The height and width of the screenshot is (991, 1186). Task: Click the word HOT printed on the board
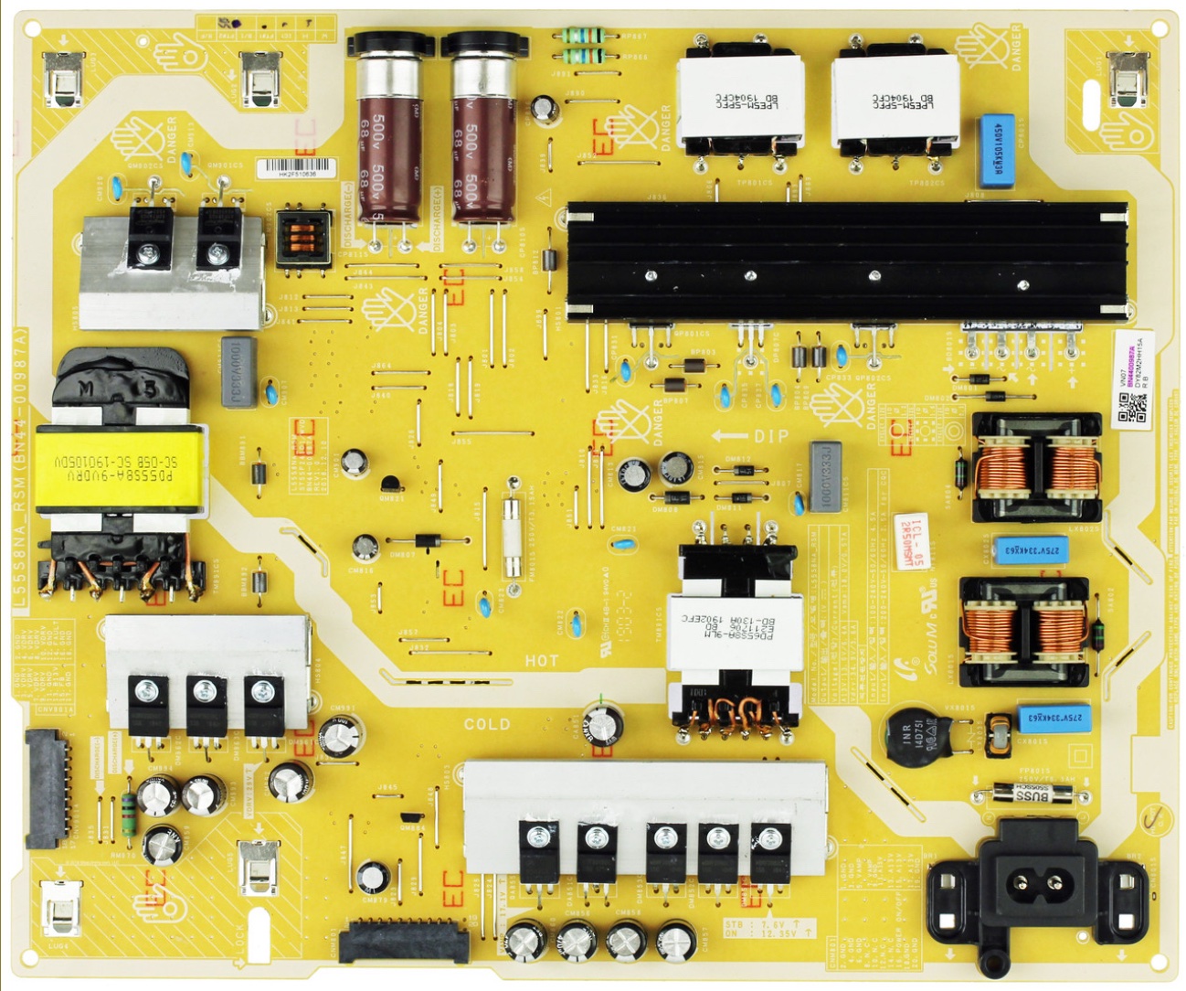pyautogui.click(x=541, y=660)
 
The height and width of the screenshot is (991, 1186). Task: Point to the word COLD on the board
pyautogui.click(x=486, y=724)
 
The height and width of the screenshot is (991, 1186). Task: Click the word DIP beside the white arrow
pyautogui.click(x=771, y=437)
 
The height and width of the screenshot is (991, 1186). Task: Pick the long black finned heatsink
pyautogui.click(x=845, y=259)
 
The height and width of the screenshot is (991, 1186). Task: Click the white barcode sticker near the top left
pyautogui.click(x=295, y=168)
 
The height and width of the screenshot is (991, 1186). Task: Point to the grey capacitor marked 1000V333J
pyautogui.click(x=825, y=475)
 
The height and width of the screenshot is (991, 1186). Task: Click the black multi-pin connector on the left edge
pyautogui.click(x=47, y=788)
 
